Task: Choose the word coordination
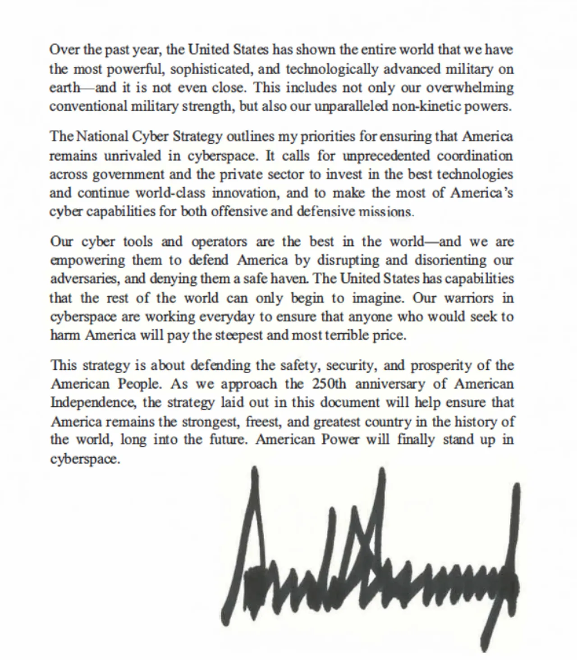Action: coord(475,156)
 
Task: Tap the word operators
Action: coord(219,242)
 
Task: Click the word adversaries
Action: coord(85,279)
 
